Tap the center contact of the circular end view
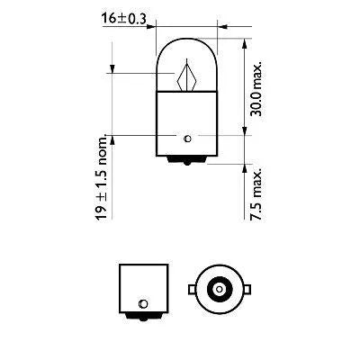click(x=217, y=290)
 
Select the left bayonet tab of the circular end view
click(x=192, y=290)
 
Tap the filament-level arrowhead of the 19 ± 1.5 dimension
click(x=112, y=70)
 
